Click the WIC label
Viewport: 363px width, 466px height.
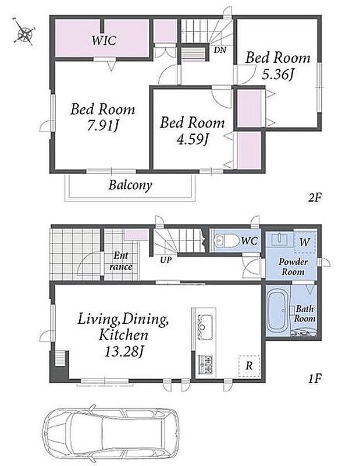[104, 40]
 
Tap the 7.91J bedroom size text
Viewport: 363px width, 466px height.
[102, 126]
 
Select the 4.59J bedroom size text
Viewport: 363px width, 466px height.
[192, 139]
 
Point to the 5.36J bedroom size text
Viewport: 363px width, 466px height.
[277, 75]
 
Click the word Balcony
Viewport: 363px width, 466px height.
[130, 185]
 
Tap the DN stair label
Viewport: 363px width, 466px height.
[220, 50]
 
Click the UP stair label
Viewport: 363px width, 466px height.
[166, 260]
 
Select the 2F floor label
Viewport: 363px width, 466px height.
[315, 197]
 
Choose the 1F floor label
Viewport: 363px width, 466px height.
[315, 379]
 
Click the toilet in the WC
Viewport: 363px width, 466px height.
[226, 241]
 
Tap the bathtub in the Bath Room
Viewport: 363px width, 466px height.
[277, 311]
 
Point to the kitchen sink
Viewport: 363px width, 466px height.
[205, 327]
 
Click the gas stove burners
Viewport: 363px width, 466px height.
[205, 364]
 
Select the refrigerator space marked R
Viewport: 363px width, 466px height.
[250, 366]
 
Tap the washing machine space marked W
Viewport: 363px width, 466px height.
[304, 242]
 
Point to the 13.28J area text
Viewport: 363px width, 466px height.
[123, 352]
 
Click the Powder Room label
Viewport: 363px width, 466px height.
[293, 267]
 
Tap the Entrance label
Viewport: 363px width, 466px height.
[121, 261]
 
